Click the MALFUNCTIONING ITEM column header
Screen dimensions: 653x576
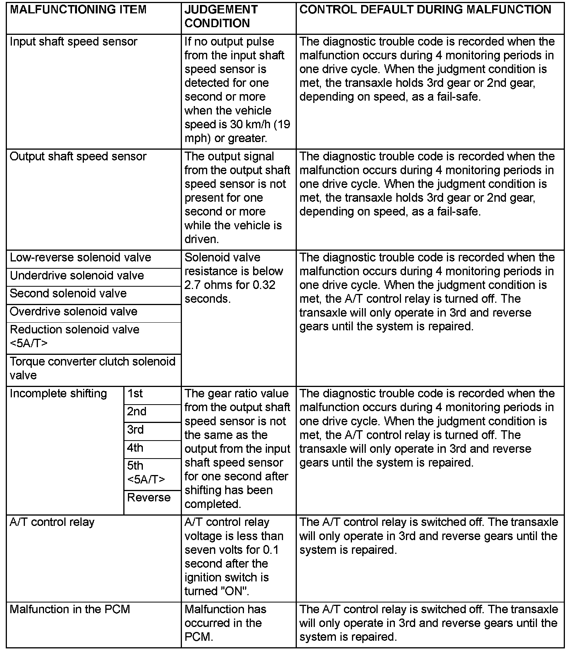click(78, 10)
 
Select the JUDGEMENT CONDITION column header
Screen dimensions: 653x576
click(221, 16)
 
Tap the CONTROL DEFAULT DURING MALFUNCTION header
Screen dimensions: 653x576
click(425, 10)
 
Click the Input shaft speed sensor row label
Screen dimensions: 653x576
click(74, 42)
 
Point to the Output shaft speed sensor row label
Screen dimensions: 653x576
click(78, 157)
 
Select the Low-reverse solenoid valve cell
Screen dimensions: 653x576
click(80, 258)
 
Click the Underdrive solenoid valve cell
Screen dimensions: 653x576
click(77, 276)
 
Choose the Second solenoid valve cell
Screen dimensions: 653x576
click(68, 294)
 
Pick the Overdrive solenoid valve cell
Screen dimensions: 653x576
click(74, 312)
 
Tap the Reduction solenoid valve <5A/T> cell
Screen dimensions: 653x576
click(75, 336)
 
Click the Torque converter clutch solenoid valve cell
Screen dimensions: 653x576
click(92, 368)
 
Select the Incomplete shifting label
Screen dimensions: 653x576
click(58, 394)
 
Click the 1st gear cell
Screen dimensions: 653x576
click(135, 394)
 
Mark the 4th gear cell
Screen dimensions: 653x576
click(136, 448)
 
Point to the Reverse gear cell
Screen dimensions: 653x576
click(149, 498)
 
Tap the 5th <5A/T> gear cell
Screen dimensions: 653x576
click(146, 472)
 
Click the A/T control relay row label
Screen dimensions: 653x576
click(52, 522)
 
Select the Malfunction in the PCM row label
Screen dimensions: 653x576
click(70, 609)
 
